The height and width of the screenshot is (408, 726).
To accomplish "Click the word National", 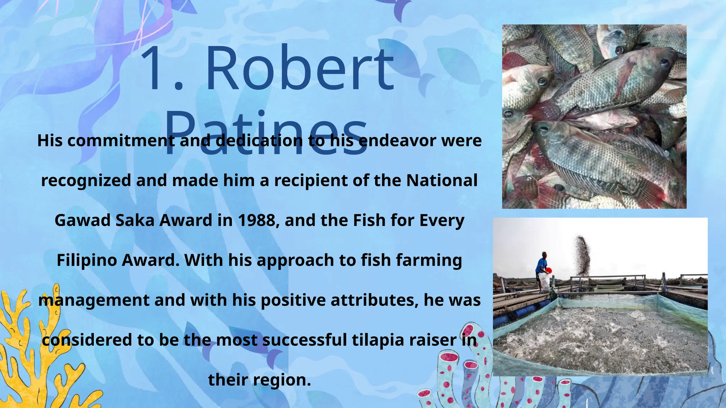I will tap(442, 180).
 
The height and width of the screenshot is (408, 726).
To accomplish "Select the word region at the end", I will tap(282, 380).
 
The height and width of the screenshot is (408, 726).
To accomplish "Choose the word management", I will tap(94, 300).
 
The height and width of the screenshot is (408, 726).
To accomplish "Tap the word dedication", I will tap(259, 141).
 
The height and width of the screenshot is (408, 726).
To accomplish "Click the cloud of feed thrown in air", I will tap(582, 253).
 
